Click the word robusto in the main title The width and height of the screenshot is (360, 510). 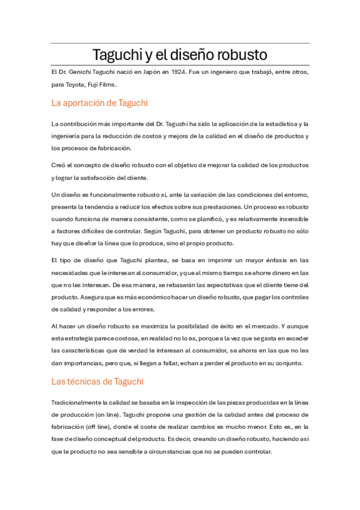click(x=237, y=55)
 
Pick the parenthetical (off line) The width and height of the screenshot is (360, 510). click(x=87, y=427)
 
